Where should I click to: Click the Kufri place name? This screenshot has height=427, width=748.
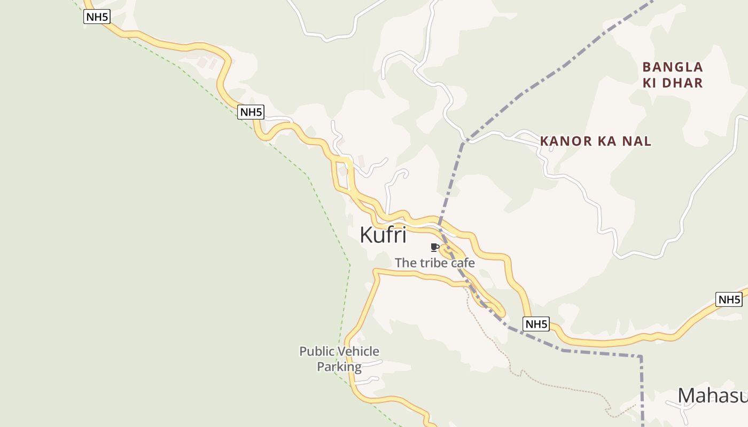pyautogui.click(x=383, y=235)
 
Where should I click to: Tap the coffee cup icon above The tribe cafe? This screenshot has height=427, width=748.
pyautogui.click(x=434, y=247)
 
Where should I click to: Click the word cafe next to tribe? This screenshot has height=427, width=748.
pyautogui.click(x=463, y=263)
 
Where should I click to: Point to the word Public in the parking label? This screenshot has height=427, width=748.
pyautogui.click(x=314, y=351)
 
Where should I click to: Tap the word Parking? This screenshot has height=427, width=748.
pyautogui.click(x=339, y=367)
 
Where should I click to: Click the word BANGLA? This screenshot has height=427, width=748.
pyautogui.click(x=673, y=67)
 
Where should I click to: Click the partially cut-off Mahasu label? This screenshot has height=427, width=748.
pyautogui.click(x=712, y=396)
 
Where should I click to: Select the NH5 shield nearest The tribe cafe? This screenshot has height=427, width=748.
pyautogui.click(x=536, y=324)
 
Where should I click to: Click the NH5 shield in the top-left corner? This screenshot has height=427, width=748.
pyautogui.click(x=97, y=17)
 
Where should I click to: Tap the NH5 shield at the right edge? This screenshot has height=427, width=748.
pyautogui.click(x=729, y=299)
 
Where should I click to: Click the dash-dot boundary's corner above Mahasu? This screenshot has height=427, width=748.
pyautogui.click(x=641, y=356)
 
